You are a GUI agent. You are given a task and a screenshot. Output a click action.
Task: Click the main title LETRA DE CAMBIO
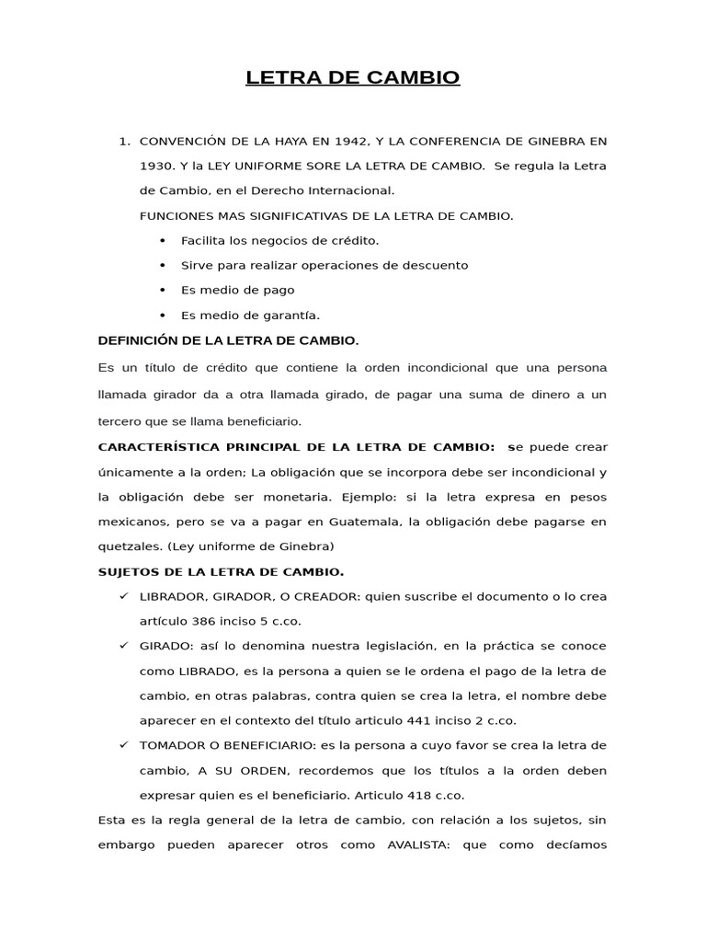tap(353, 78)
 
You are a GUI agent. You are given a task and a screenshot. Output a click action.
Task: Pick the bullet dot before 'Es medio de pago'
tap(163, 291)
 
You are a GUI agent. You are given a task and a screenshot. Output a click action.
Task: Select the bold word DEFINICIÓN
tap(138, 340)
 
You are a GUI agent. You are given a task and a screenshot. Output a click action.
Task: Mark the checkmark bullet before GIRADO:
tap(124, 646)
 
